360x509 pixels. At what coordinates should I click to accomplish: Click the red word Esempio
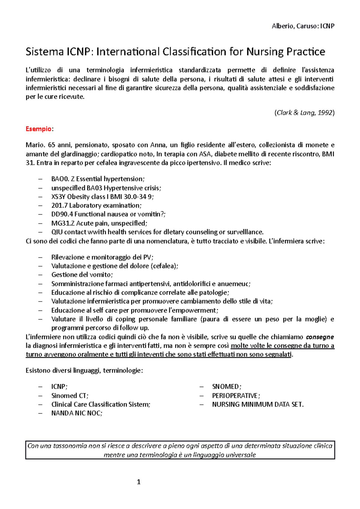38,129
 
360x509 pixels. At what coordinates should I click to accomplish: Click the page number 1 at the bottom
139,482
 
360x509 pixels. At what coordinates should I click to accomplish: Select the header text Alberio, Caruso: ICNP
303,26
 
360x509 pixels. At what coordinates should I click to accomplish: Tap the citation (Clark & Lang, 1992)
304,113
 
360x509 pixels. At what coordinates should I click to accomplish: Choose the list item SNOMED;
226,387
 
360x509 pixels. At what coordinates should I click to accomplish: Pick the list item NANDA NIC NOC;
77,413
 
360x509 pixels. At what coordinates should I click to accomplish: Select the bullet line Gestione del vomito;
82,275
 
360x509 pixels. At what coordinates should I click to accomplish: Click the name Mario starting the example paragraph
35,145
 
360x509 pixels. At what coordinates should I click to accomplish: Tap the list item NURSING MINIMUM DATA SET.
258,404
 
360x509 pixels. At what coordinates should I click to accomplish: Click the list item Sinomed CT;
70,396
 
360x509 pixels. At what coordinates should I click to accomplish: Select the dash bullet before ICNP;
40,387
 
